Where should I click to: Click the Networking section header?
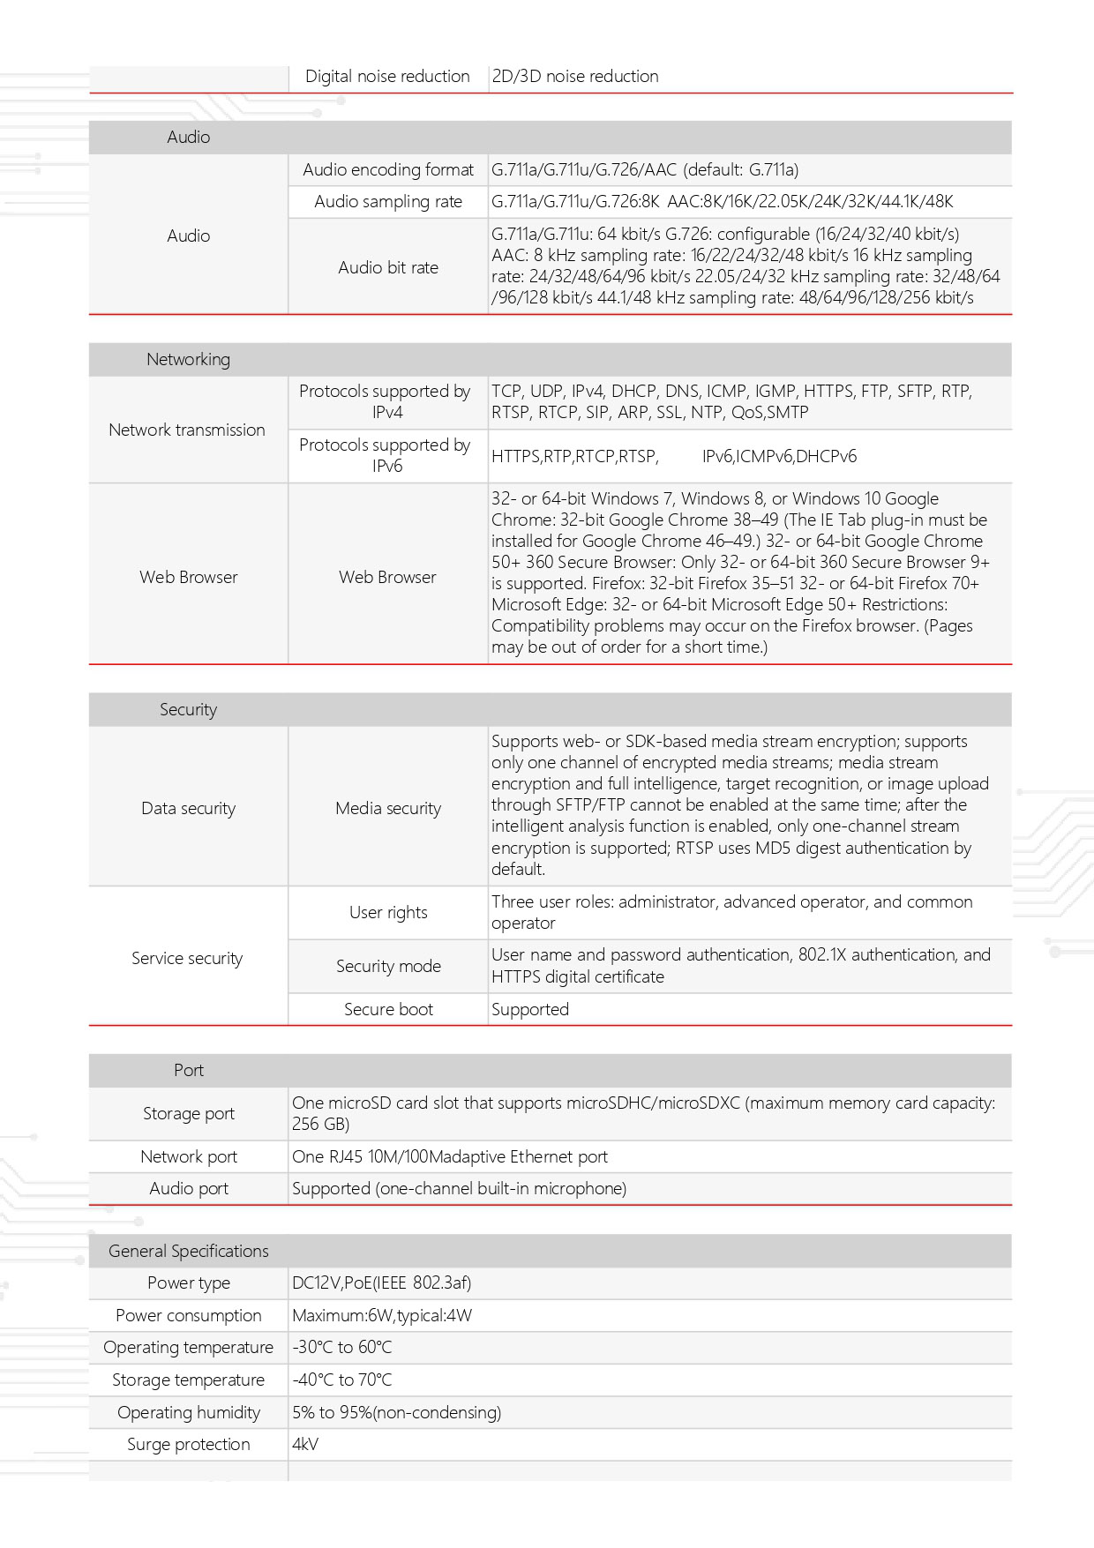coord(188,359)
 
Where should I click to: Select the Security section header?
coord(188,709)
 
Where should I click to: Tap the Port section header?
coord(188,1070)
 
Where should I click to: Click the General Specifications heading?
coord(188,1251)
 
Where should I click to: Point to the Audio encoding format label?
coord(388,169)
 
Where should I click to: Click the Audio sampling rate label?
coord(388,201)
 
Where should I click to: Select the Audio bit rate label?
coord(388,267)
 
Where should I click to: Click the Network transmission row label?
coord(187,430)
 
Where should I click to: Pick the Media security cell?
coord(388,808)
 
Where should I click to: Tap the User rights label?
coord(388,912)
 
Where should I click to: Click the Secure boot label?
coord(388,1009)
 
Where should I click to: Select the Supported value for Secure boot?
coord(530,1009)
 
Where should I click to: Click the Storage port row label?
coord(188,1113)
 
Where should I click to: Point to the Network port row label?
coord(188,1156)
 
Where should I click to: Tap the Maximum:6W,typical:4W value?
coord(382,1315)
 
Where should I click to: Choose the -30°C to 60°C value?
coord(342,1347)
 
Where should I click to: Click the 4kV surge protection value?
coord(305,1444)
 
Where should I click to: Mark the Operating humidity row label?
coord(188,1412)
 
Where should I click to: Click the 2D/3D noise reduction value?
coord(575,76)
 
